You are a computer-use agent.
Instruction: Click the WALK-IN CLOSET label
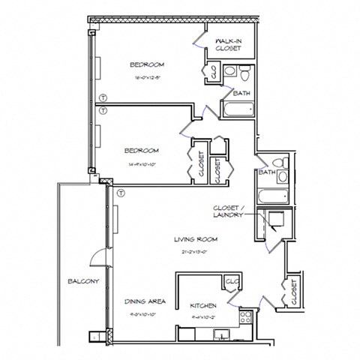point(228,44)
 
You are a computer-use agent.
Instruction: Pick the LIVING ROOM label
point(196,240)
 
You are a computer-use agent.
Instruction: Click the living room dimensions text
point(196,251)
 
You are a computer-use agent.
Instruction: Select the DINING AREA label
point(145,301)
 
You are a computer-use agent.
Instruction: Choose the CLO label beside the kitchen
point(232,282)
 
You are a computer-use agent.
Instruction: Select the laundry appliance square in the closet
point(275,220)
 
